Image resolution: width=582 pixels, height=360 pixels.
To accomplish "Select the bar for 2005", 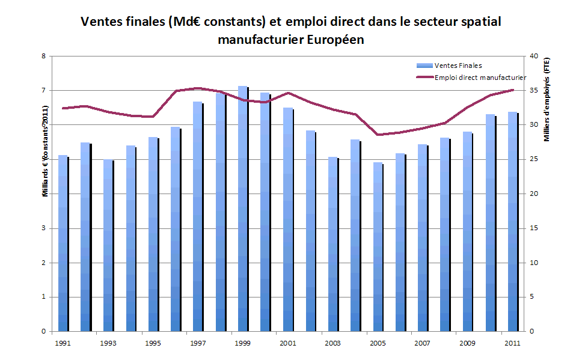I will click(x=378, y=246).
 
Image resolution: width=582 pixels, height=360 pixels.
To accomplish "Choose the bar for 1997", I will click(x=198, y=216).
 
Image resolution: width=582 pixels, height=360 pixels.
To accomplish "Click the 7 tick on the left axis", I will click(x=43, y=91).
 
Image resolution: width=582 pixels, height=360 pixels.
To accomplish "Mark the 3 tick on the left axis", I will click(x=43, y=228).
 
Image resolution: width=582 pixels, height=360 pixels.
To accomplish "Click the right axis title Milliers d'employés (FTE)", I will click(x=547, y=100).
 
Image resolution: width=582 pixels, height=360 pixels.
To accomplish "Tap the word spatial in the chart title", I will click(x=479, y=22).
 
